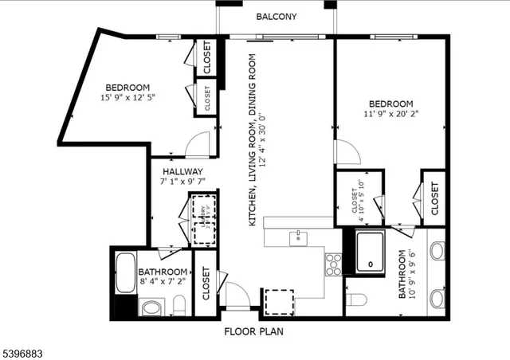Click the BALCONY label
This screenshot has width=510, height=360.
point(276,17)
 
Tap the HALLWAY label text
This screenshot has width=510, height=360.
point(182,171)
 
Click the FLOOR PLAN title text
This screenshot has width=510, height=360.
point(253,331)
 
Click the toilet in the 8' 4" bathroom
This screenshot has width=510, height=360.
point(179,305)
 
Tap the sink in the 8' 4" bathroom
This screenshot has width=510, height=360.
point(151,307)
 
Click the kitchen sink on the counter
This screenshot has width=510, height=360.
point(298,237)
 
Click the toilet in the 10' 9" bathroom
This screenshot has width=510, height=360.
point(356,299)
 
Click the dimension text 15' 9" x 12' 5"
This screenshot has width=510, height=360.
point(127,98)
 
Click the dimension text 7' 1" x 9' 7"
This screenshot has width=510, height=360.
point(182,182)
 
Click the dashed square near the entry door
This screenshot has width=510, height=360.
point(278,302)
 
